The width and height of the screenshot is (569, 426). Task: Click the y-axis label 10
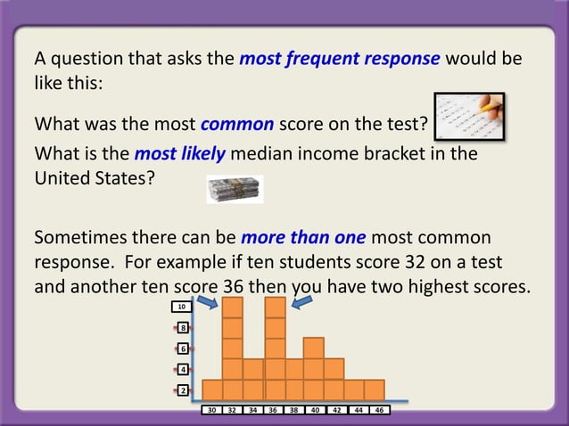181,307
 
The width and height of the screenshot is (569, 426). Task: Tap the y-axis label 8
181,328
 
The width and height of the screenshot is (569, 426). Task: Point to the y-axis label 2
181,390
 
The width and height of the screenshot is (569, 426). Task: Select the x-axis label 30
212,411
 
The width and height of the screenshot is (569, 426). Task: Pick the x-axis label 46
379,411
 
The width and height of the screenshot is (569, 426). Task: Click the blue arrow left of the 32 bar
206,304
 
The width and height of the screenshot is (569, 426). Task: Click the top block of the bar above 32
233,307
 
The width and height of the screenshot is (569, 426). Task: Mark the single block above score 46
375,389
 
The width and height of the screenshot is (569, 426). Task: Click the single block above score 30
212,389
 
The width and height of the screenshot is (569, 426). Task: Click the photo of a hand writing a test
469,117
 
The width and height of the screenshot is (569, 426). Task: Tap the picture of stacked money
235,189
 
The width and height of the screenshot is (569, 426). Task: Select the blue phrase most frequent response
340,60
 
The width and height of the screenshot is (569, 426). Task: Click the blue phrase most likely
179,153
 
